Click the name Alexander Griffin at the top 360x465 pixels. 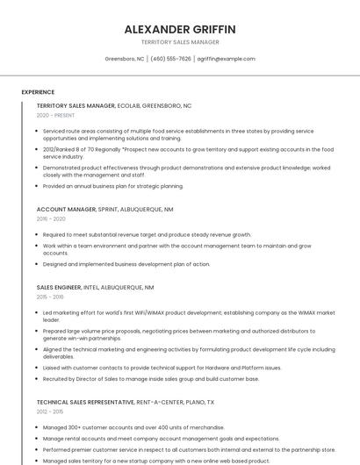click(180, 29)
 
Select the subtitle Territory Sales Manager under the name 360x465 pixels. click(180, 42)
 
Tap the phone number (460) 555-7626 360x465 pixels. click(170, 59)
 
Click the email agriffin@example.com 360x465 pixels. click(226, 59)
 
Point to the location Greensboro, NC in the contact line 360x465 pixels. click(125, 59)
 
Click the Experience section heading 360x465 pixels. click(38, 92)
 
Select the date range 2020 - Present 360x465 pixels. click(55, 115)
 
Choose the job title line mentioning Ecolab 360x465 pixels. click(114, 105)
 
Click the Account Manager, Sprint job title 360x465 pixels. click(105, 210)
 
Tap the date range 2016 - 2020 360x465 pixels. click(51, 219)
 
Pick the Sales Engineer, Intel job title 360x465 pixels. click(95, 287)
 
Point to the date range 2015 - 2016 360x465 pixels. click(51, 297)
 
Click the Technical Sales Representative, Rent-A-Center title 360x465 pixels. click(126, 402)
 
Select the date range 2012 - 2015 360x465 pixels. click(51, 411)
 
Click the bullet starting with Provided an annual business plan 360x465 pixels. click(113, 186)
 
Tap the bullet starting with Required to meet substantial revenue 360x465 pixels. click(147, 235)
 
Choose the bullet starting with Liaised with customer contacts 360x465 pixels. click(162, 368)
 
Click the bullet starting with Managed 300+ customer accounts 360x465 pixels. click(133, 427)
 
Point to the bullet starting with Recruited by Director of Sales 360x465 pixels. click(150, 379)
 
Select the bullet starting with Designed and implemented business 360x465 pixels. click(126, 264)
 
